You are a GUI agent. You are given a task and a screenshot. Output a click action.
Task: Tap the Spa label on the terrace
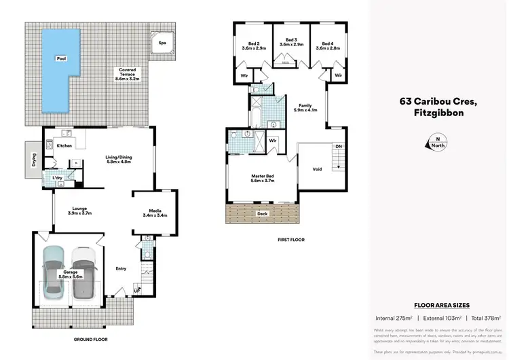pos(162,43)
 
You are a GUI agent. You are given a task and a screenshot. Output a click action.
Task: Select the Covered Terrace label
pos(128,73)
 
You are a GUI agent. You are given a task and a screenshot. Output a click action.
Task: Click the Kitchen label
pos(64,146)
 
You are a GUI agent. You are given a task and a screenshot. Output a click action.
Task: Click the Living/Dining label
pos(119,160)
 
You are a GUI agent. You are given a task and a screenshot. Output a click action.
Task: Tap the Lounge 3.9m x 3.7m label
pos(85,211)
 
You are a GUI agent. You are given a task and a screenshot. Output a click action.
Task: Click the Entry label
pos(121,268)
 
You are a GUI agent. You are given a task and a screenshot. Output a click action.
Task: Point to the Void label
pos(317,169)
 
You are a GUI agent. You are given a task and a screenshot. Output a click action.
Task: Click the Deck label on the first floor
pos(262,213)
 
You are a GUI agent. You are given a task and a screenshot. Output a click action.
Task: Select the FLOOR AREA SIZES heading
pos(441,306)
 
